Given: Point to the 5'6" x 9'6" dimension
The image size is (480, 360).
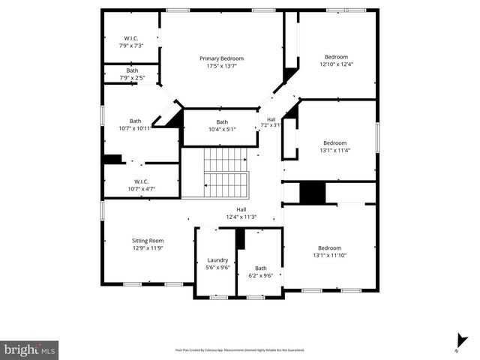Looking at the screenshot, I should click(217, 267).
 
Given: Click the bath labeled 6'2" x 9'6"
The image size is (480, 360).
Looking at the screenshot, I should click(260, 271).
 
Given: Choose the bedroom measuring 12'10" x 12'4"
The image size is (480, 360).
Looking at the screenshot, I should click(335, 60).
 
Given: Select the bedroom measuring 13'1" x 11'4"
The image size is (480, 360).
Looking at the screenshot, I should click(334, 146).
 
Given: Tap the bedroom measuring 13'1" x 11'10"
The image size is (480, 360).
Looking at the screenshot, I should click(329, 251).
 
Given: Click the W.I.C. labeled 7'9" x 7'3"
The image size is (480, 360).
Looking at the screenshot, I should click(131, 42).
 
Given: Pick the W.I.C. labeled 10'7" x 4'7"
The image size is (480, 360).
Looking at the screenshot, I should click(141, 184).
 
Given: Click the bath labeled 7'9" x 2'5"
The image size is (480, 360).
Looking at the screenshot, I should click(132, 73).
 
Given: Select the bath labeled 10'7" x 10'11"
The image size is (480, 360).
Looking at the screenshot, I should click(135, 124).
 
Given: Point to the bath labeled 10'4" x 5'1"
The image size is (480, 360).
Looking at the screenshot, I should click(222, 125).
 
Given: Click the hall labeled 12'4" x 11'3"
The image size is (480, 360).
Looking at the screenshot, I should click(241, 213).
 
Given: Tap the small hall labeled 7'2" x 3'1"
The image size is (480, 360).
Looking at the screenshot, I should click(271, 121).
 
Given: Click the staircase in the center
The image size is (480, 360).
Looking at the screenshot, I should click(226, 172).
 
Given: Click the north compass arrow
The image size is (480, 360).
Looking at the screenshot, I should click(457, 341).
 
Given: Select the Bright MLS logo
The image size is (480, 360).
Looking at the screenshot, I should click(30, 349).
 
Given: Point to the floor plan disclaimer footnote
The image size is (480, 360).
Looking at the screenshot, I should click(240, 349).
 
